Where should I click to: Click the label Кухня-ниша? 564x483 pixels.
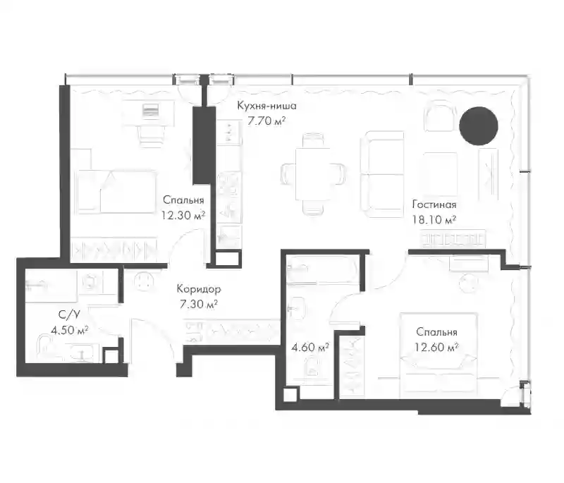266,106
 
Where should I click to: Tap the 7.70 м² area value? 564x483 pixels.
266,121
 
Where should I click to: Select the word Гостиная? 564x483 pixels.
434,204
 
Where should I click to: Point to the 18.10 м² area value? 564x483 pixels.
434,219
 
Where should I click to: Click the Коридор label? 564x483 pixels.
199,289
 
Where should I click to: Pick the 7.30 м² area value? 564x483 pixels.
199,305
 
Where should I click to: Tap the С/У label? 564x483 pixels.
69,314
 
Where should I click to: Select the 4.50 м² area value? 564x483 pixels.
69,330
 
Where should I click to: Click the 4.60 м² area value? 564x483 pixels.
310,348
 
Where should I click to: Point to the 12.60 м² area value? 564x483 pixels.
436,347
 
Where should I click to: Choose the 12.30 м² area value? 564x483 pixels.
183,215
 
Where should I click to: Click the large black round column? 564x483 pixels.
479,126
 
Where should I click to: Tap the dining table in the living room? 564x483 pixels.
313,174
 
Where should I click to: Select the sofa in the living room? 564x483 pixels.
382,174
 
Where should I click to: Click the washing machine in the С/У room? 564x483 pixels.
90,281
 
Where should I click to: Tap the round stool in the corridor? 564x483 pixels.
144,281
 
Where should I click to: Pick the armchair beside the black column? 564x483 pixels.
439,116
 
